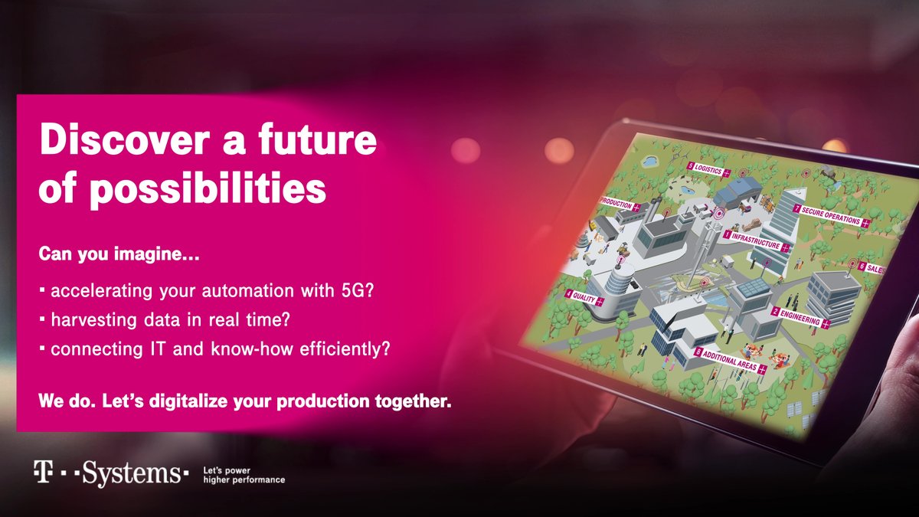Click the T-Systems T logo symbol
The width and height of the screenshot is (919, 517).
click(43, 472)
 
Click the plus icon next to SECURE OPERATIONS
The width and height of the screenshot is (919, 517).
click(865, 224)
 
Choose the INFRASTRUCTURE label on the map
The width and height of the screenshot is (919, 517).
click(755, 241)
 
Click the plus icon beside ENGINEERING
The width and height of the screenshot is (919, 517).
click(826, 324)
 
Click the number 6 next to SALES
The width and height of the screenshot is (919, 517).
click(862, 267)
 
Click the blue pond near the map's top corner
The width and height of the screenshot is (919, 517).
click(649, 162)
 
